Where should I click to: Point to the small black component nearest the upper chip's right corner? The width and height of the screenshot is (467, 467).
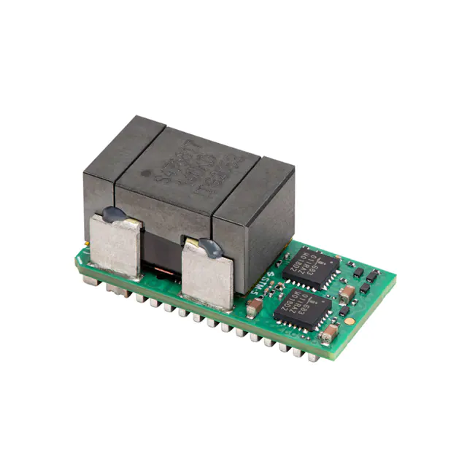(x=358, y=272)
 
